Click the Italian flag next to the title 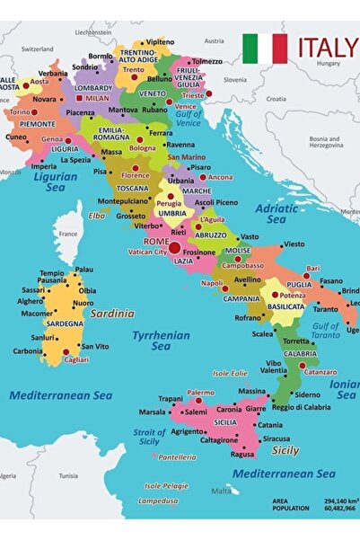pos(265,49)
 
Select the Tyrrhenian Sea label pos(151,341)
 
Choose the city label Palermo pos(201,393)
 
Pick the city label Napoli pos(212,283)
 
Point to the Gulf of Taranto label pos(326,332)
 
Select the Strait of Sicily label pos(149,438)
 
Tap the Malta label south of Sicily pos(221,491)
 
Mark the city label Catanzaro pos(320,371)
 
